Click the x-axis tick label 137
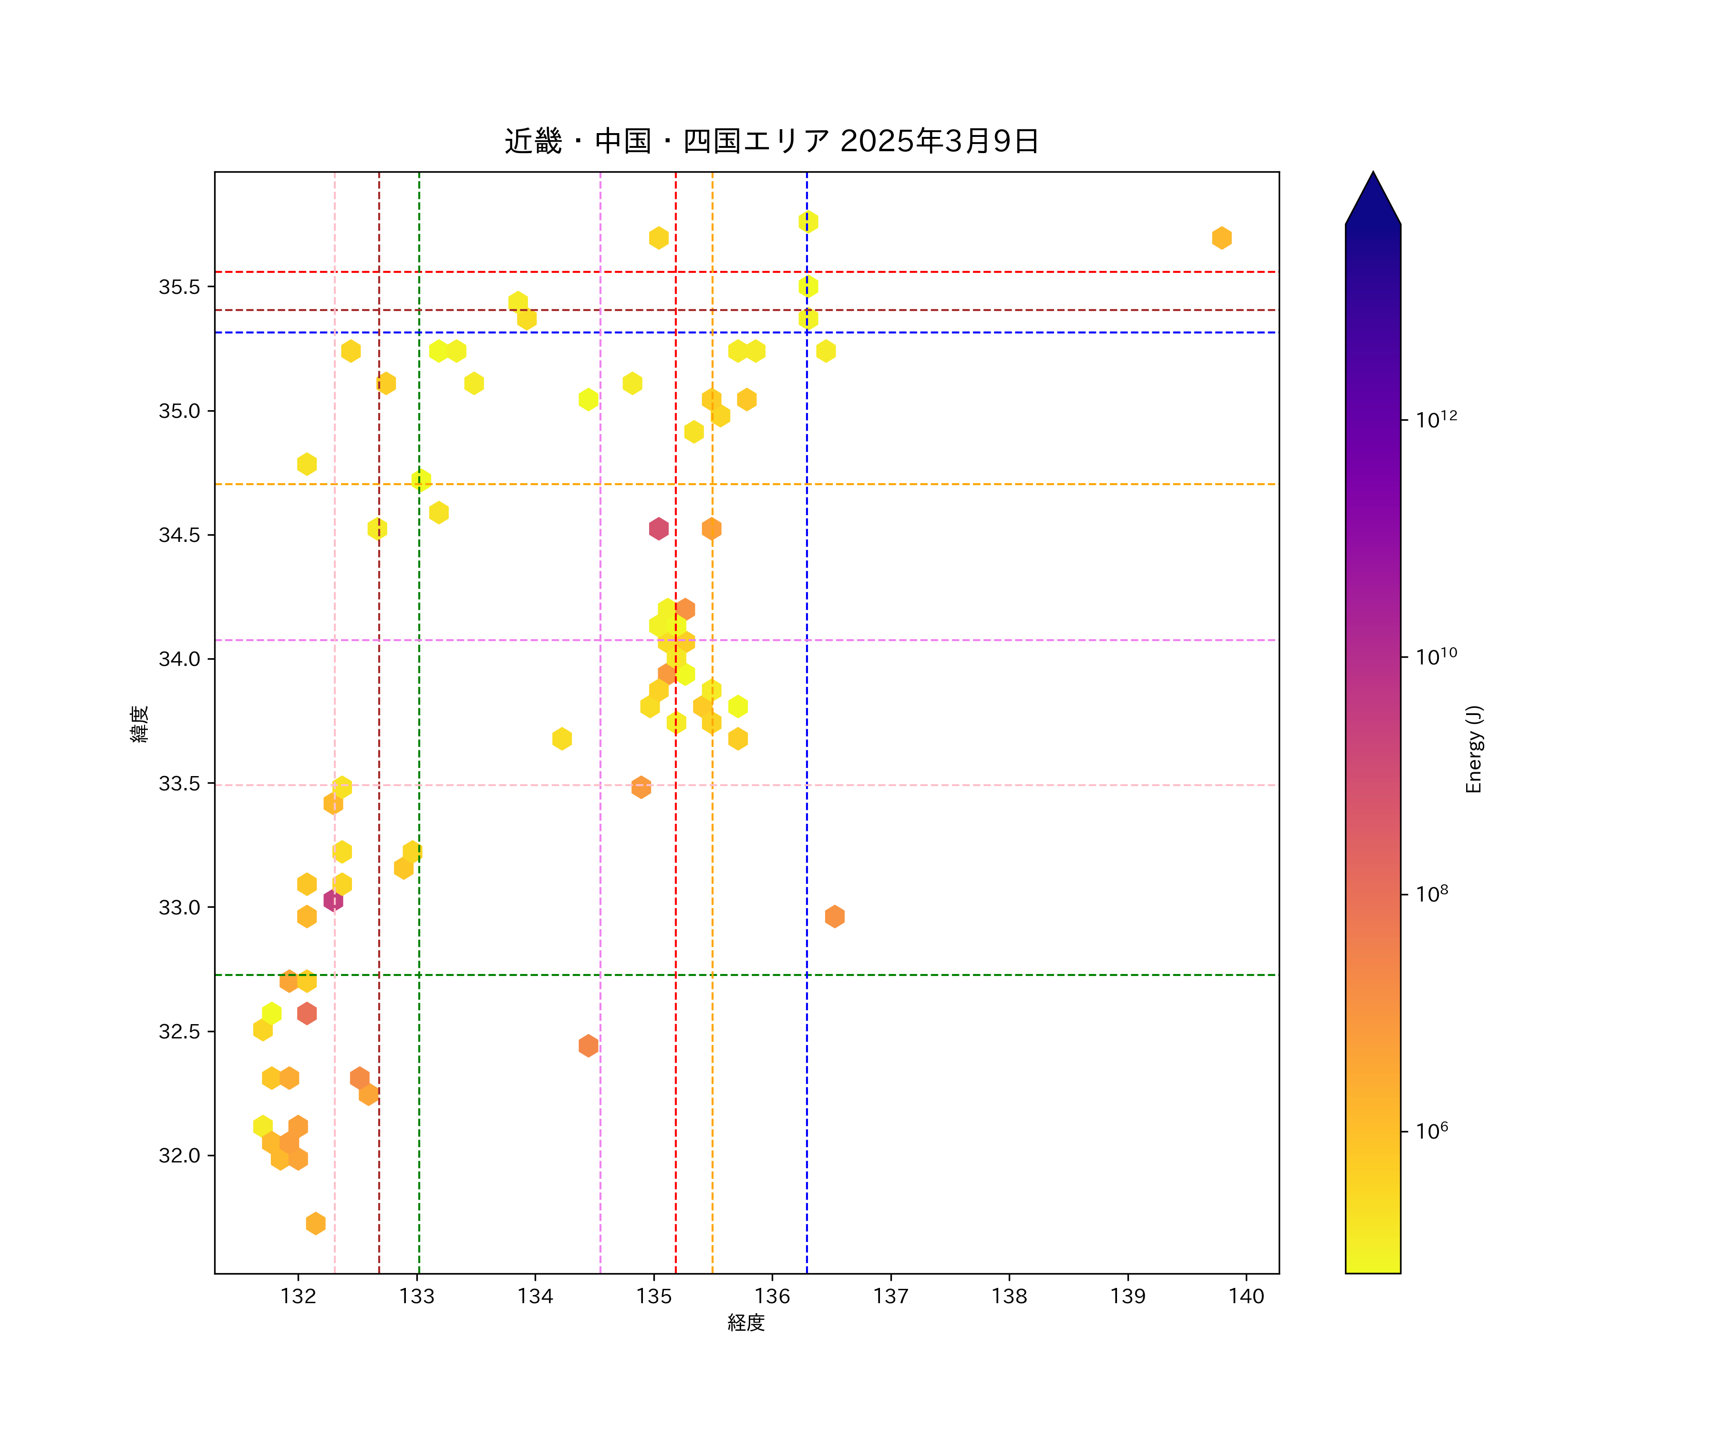coord(890,1296)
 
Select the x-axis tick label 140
coord(1246,1296)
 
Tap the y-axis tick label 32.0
coord(179,1155)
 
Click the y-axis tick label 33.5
coord(179,783)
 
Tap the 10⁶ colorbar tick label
coord(1432,1131)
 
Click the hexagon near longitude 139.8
coord(1221,238)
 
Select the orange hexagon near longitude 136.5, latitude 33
coord(834,917)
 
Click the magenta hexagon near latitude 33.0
coord(333,900)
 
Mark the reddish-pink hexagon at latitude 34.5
coord(658,529)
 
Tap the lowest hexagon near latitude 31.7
coord(316,1224)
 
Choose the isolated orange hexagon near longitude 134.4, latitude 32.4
coord(588,1046)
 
